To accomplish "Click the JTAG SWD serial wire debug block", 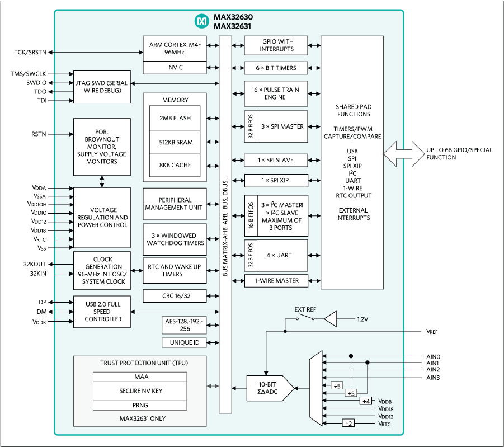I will point(102,87).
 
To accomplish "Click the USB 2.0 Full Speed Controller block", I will point(102,312).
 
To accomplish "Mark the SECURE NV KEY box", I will point(141,390).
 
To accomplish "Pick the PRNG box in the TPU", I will point(141,404).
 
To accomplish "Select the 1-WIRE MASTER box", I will point(276,280).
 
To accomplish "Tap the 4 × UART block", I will point(282,256).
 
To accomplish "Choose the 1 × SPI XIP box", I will point(276,181).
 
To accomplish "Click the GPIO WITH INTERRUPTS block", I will point(276,45).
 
